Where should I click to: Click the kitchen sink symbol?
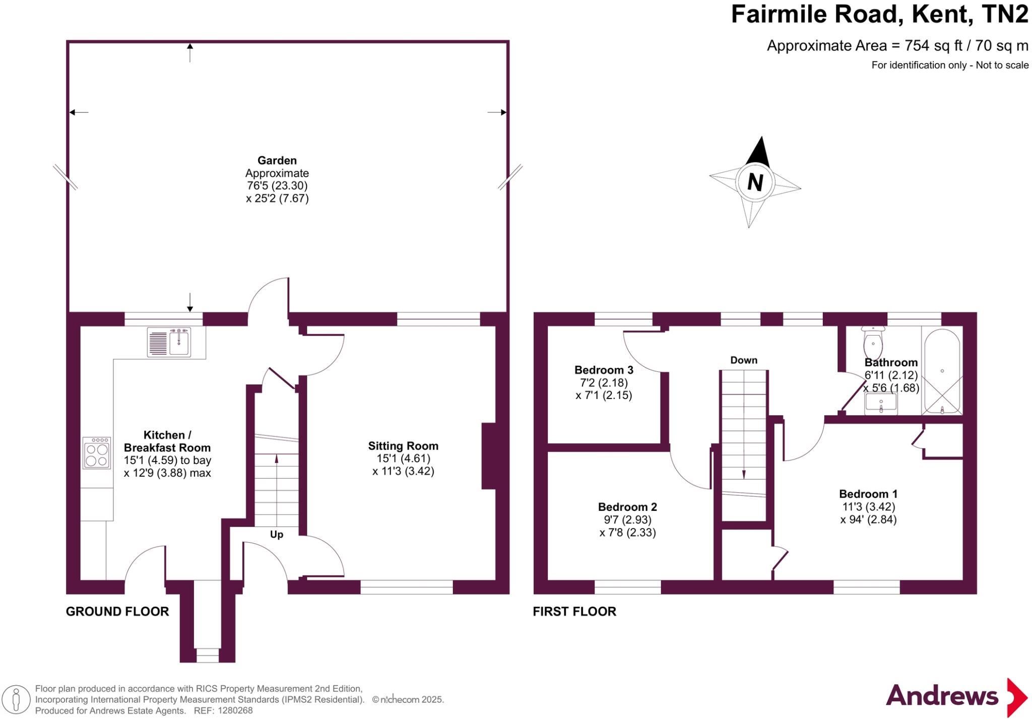pyautogui.click(x=169, y=342)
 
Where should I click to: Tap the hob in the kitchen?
pyautogui.click(x=97, y=453)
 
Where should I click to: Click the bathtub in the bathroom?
pyautogui.click(x=942, y=371)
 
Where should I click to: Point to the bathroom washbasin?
pyautogui.click(x=881, y=404)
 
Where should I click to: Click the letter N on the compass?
pyautogui.click(x=754, y=182)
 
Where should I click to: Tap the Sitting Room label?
pyautogui.click(x=403, y=446)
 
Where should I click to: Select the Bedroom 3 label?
pyautogui.click(x=604, y=370)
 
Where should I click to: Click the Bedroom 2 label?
pyautogui.click(x=627, y=507)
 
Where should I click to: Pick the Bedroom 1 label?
pyautogui.click(x=868, y=494)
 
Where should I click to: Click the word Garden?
pyautogui.click(x=277, y=160)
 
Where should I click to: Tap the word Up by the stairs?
pyautogui.click(x=277, y=535)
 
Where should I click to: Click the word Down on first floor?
pyautogui.click(x=744, y=360)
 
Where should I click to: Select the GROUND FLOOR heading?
pyautogui.click(x=117, y=611)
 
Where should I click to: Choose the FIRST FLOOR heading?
pyautogui.click(x=574, y=611)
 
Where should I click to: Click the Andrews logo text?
pyautogui.click(x=942, y=696)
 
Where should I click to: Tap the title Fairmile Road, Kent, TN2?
pyautogui.click(x=879, y=14)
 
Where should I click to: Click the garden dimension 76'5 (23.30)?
pyautogui.click(x=277, y=185)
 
